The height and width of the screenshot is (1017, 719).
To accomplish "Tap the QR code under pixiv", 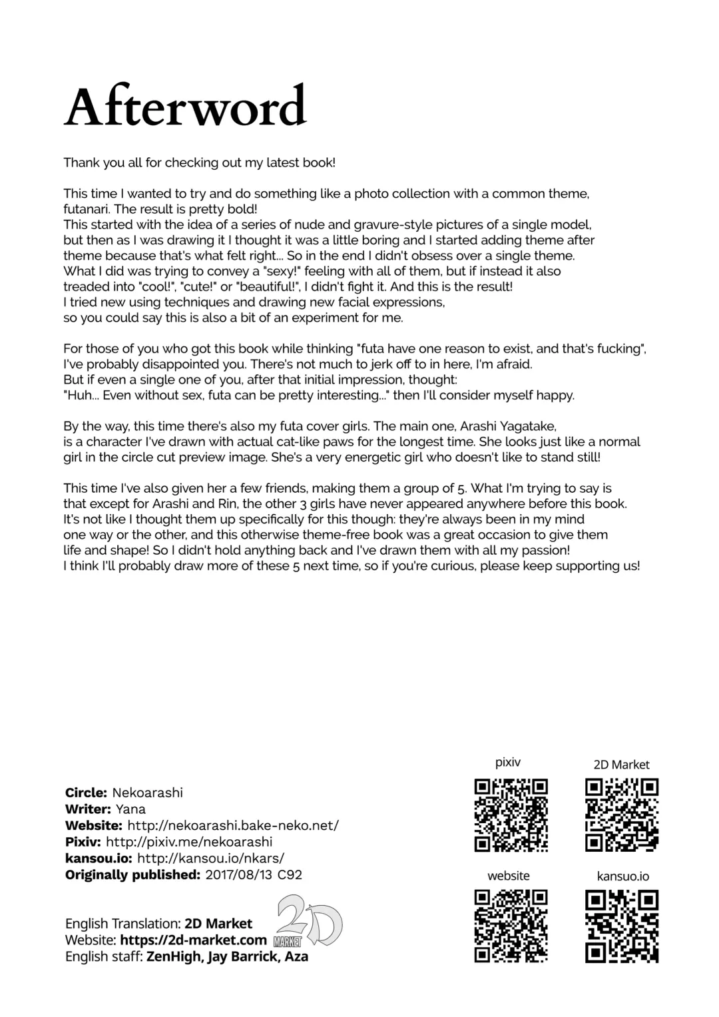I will tap(511, 815).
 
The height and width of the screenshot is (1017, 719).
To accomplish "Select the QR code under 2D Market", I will tap(622, 815).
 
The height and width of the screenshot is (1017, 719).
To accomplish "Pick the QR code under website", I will tap(511, 926).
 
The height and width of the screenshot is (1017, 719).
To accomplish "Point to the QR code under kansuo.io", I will tap(622, 926).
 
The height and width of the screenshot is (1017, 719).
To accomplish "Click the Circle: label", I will tap(86, 793).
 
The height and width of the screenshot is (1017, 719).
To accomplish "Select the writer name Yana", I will tap(130, 809).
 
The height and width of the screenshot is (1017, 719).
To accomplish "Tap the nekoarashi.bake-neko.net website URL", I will tap(232, 825).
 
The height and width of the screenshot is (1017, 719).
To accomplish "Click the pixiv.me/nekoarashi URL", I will tap(189, 842).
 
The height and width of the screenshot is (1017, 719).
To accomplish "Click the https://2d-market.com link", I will tap(193, 940).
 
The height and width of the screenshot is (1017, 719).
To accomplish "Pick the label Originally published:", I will tap(132, 874).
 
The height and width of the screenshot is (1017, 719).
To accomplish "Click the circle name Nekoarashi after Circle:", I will tap(147, 793).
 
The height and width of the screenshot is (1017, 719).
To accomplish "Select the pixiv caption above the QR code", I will tap(508, 763).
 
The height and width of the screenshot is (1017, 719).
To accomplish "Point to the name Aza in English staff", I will tap(297, 956).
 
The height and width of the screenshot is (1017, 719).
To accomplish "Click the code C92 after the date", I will tap(290, 874).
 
